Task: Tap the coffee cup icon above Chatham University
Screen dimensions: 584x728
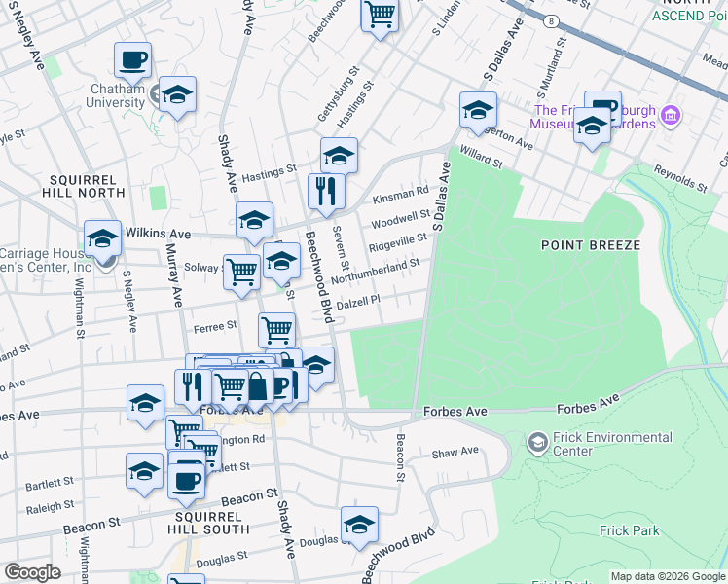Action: point(132,60)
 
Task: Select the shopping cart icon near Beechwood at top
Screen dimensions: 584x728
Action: point(380,16)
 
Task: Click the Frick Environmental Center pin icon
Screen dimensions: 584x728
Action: point(537,443)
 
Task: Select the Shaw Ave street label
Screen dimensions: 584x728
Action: point(455,452)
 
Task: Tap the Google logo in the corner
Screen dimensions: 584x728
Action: point(32,572)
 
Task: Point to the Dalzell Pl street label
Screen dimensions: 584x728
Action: point(357,304)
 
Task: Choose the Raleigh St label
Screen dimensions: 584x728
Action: point(50,507)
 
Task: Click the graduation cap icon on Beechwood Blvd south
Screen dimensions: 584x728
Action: point(359,526)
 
